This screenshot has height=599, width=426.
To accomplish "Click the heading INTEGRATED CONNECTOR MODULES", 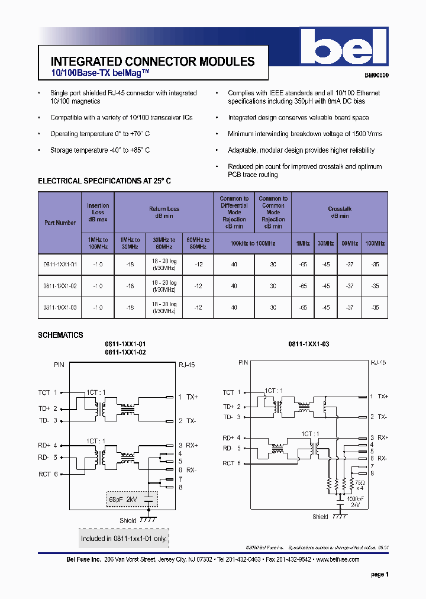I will (x=153, y=62).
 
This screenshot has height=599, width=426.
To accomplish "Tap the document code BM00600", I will (x=376, y=76).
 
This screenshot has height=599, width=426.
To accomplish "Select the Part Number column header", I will (x=60, y=223).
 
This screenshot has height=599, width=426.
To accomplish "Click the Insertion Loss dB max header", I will (x=98, y=212).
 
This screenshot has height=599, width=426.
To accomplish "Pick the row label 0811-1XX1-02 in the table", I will (x=60, y=286).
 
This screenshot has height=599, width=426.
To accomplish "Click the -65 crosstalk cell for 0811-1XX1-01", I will (x=303, y=265).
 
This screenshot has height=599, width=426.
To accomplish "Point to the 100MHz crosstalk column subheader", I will (x=375, y=243).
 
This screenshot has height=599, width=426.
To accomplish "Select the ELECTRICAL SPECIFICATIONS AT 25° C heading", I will (x=104, y=181).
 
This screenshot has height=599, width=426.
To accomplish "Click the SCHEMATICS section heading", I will (x=60, y=335).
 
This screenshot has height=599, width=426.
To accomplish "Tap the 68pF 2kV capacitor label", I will (x=122, y=500).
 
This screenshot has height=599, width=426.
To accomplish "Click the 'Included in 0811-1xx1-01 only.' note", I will (x=124, y=539).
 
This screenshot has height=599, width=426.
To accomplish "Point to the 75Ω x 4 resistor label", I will (x=359, y=485).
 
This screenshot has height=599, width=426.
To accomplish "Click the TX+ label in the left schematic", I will (x=192, y=397).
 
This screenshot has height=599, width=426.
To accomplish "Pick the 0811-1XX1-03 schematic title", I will (x=308, y=344).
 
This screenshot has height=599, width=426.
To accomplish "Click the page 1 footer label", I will (x=379, y=574).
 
